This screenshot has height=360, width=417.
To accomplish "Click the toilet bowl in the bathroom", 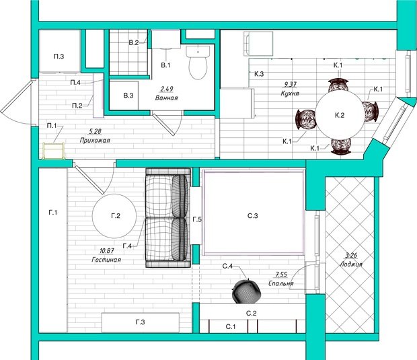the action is coord(198,63).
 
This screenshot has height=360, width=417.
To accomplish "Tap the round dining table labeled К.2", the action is coord(340,115).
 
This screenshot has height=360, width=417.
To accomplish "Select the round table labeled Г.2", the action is coord(114,216).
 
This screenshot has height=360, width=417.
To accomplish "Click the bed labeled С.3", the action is coord(253,212).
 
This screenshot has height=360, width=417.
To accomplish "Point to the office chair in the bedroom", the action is coord(246,291).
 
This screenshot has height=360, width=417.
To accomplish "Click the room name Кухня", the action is coord(290,94).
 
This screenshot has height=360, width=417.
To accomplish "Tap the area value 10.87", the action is coord(107,250).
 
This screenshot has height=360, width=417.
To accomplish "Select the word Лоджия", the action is coord(351,264).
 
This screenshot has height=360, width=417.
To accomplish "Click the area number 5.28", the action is coord(96,131).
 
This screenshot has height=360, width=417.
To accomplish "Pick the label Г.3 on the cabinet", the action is coord(140,322).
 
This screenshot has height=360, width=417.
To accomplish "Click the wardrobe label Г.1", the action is coord(53,213).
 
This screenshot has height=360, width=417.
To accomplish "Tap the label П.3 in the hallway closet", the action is coord(59,57).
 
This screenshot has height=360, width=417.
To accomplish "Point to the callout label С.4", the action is coord(227,266).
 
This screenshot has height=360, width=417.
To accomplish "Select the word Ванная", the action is coord(167,98).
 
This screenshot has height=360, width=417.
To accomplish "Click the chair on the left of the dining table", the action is coord(305,120).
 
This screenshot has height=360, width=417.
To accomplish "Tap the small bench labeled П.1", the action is coord(54,151).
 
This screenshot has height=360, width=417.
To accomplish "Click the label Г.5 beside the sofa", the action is coord(197,219).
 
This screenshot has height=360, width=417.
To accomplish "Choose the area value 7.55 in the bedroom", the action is coord(282,275).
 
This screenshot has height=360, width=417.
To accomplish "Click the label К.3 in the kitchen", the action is coord(259,74).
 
